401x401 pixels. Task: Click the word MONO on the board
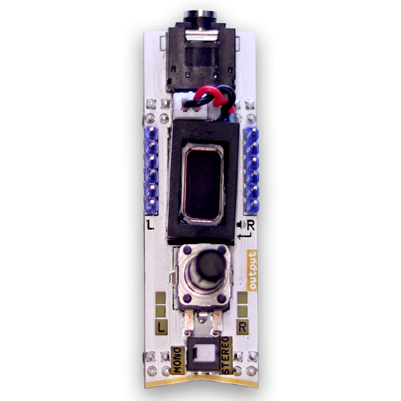(x=177, y=360)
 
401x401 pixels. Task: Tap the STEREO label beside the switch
(x=226, y=355)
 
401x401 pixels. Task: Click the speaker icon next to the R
(x=241, y=225)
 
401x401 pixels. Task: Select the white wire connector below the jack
(x=194, y=106)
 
